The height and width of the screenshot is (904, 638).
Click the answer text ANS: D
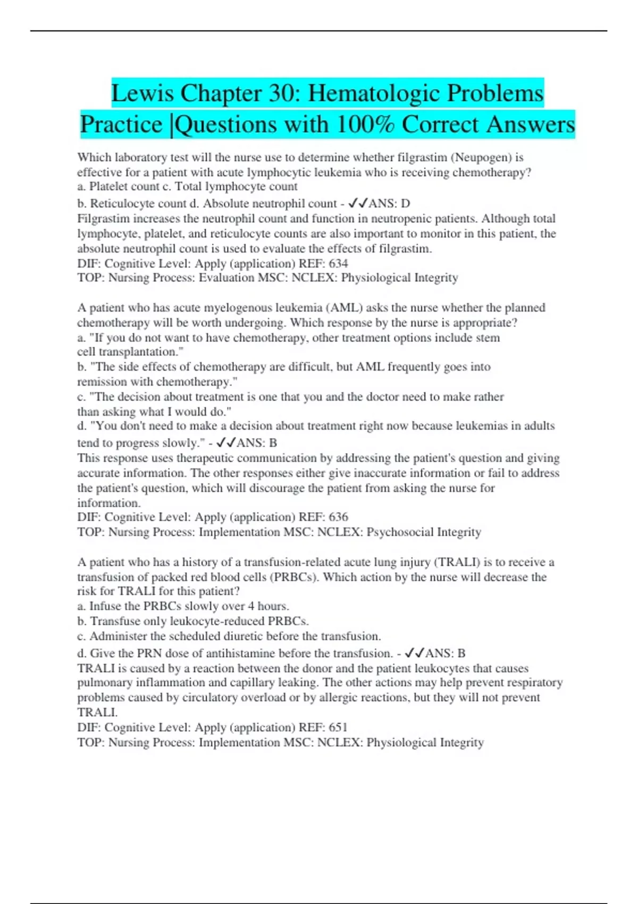coord(389,203)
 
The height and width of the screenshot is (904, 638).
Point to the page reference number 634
coord(338,263)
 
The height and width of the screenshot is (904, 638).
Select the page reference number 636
coord(338,517)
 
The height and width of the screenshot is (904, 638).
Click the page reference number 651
coord(338,727)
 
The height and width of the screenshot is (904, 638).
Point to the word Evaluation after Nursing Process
coord(226,278)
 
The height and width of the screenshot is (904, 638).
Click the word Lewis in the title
coord(142,94)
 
